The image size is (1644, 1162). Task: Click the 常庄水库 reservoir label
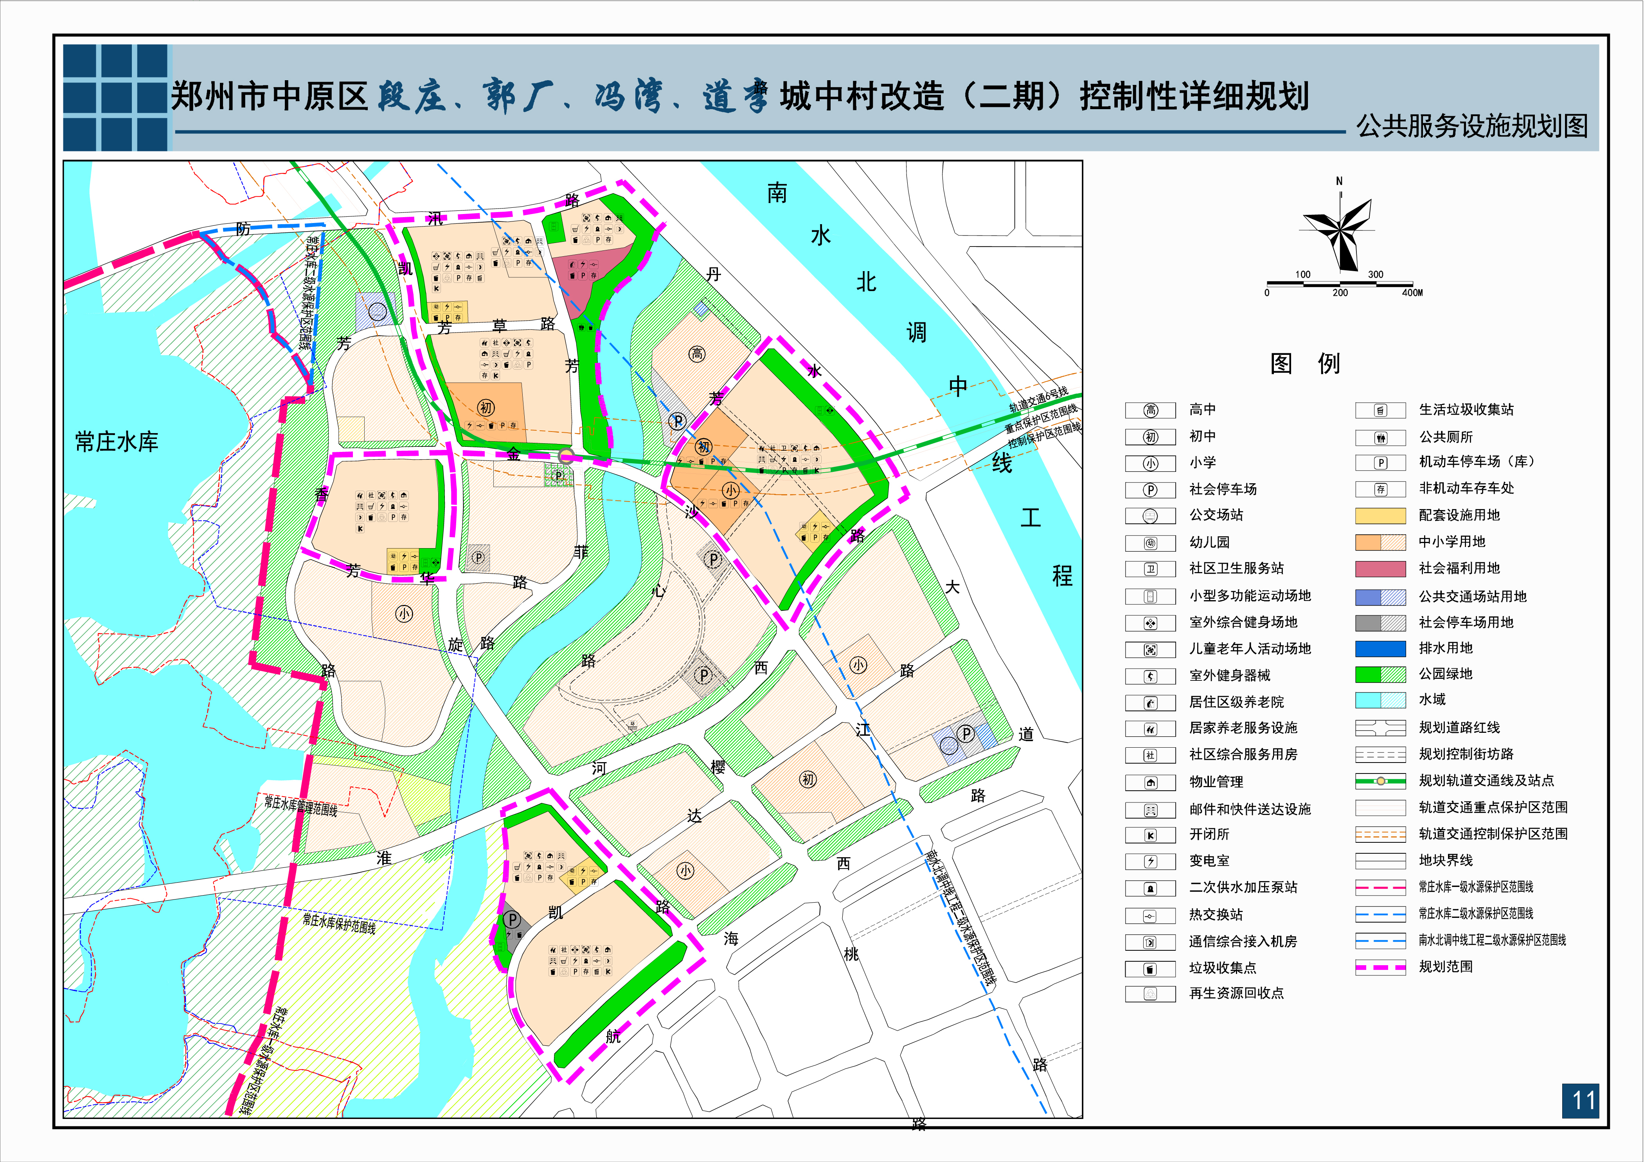[117, 442]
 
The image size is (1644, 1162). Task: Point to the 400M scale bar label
[1412, 293]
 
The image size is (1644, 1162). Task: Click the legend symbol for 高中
[1150, 410]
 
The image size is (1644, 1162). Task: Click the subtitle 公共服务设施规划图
[1471, 126]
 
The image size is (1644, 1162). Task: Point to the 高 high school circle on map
[697, 354]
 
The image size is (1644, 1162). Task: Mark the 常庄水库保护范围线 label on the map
[339, 923]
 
